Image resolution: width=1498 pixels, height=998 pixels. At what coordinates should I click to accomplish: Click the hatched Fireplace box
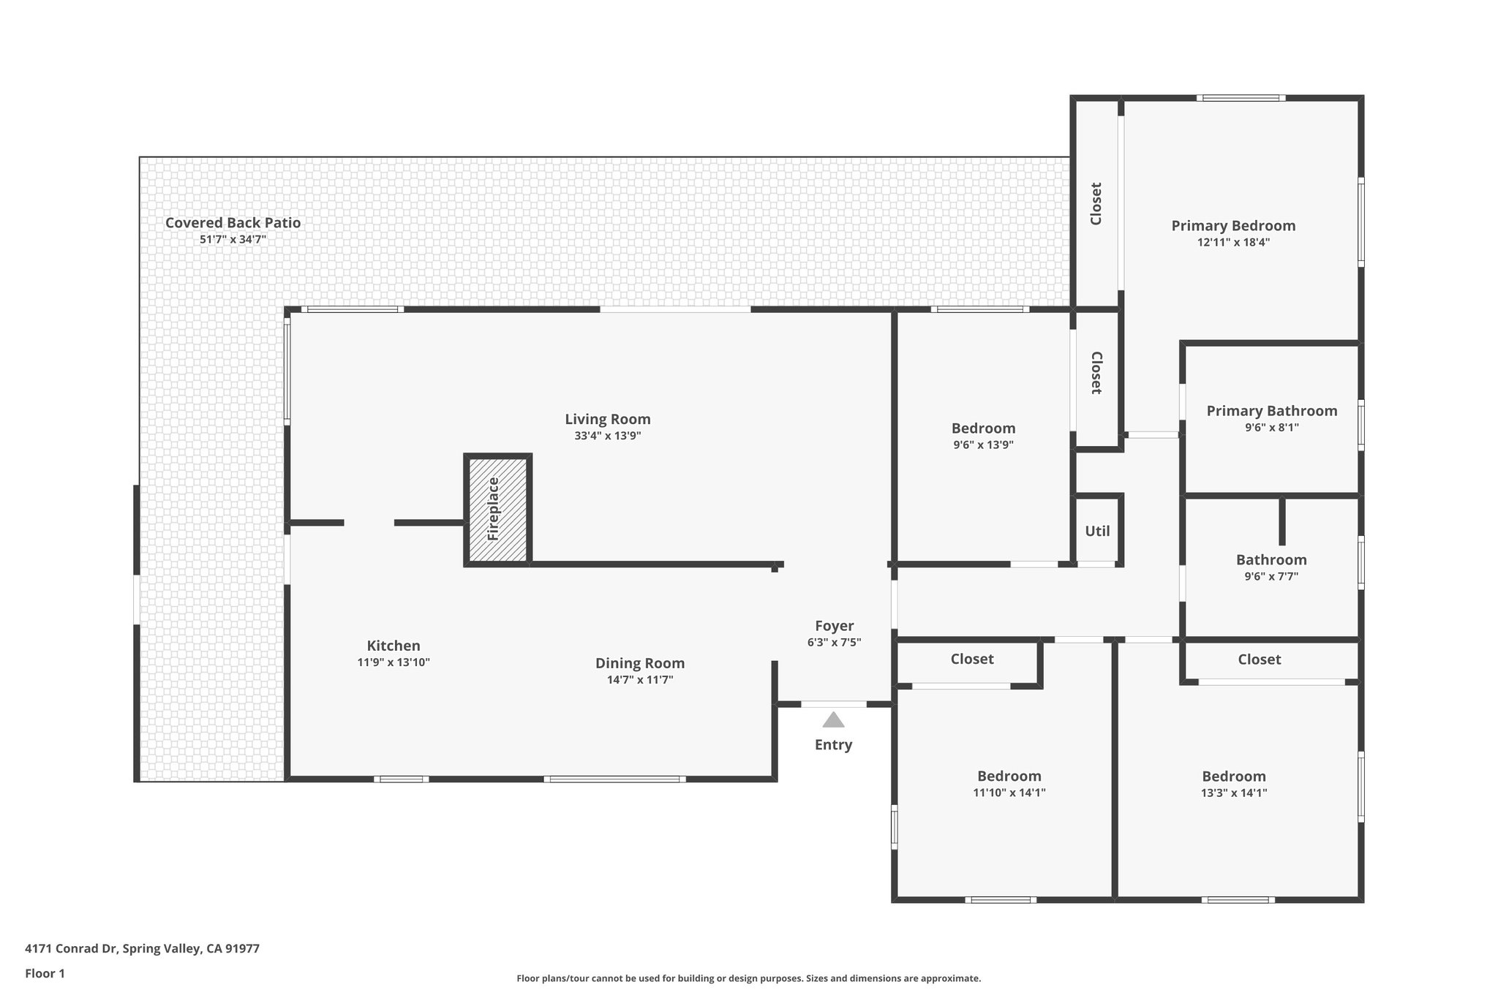[497, 510]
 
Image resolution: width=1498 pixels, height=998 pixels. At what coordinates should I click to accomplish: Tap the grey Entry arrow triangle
[833, 720]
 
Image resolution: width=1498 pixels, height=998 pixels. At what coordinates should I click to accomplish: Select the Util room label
[1097, 532]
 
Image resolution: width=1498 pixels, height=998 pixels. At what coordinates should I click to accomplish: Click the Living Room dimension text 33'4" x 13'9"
[607, 436]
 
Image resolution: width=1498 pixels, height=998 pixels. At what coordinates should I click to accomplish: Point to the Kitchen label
[394, 646]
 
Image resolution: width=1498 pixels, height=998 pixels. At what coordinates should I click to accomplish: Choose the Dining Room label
[640, 663]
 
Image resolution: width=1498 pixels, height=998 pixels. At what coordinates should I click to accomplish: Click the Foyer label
[835, 626]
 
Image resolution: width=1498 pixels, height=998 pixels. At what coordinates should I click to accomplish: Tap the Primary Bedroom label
[1233, 226]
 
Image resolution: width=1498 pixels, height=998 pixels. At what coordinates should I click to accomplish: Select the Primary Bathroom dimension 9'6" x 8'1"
[1271, 428]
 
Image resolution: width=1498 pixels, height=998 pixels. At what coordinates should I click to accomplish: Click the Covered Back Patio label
[233, 223]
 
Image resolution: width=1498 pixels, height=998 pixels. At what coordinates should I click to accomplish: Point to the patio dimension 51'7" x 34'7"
[233, 239]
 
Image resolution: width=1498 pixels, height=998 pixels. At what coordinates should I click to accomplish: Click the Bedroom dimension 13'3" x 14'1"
[1234, 793]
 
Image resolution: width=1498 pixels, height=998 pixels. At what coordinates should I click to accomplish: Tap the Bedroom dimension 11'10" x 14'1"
[1009, 793]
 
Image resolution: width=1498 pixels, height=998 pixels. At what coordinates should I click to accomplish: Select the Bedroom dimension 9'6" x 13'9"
[983, 445]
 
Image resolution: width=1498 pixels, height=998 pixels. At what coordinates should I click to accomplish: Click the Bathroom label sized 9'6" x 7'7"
[1271, 560]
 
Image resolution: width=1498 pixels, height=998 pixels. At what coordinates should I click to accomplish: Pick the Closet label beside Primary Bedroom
[1096, 203]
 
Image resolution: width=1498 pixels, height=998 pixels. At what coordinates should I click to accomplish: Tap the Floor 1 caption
[45, 973]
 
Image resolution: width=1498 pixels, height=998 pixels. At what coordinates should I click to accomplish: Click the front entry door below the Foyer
[834, 704]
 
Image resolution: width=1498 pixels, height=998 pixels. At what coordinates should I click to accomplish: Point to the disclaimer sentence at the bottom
[748, 978]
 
